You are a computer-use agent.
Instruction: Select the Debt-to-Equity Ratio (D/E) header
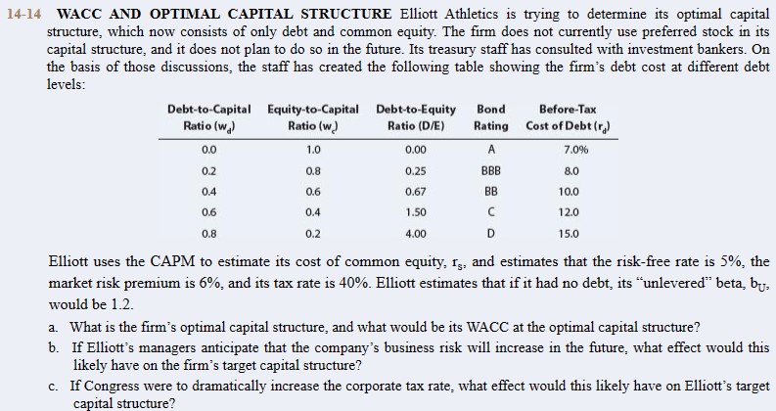[415, 117]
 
